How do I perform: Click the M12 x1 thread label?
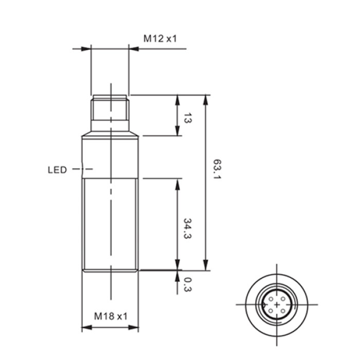point(160,39)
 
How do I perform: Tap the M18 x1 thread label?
point(111,316)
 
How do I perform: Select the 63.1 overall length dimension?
point(217,169)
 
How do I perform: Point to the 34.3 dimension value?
point(187,228)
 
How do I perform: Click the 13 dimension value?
point(187,118)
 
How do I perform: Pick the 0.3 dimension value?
point(187,285)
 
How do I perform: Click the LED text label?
point(57,170)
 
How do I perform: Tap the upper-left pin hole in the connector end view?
point(271,299)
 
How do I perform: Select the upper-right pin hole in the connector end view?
point(283,299)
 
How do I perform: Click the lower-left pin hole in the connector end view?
point(271,311)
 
